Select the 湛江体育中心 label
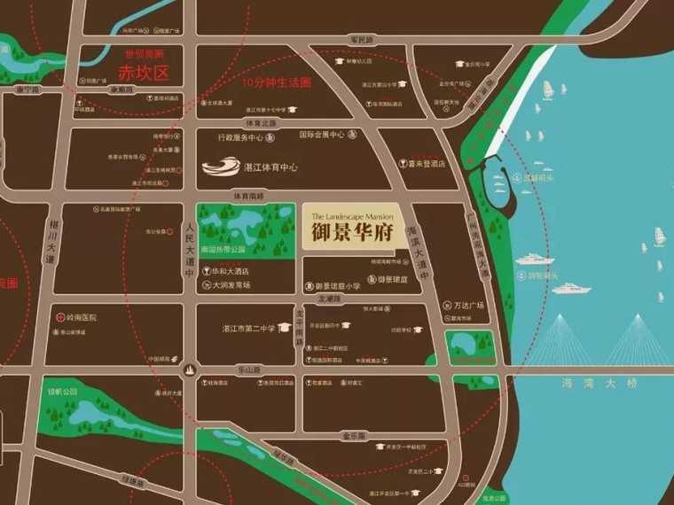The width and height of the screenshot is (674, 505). pyautogui.click(x=271, y=166)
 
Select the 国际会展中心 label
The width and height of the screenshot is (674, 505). pyautogui.click(x=321, y=136)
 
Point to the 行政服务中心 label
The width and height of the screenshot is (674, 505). pyautogui.click(x=241, y=138)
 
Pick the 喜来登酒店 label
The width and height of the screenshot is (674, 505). pyautogui.click(x=426, y=163)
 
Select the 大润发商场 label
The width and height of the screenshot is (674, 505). pyautogui.click(x=231, y=285)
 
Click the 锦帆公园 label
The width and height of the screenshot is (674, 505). pyautogui.click(x=63, y=391)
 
